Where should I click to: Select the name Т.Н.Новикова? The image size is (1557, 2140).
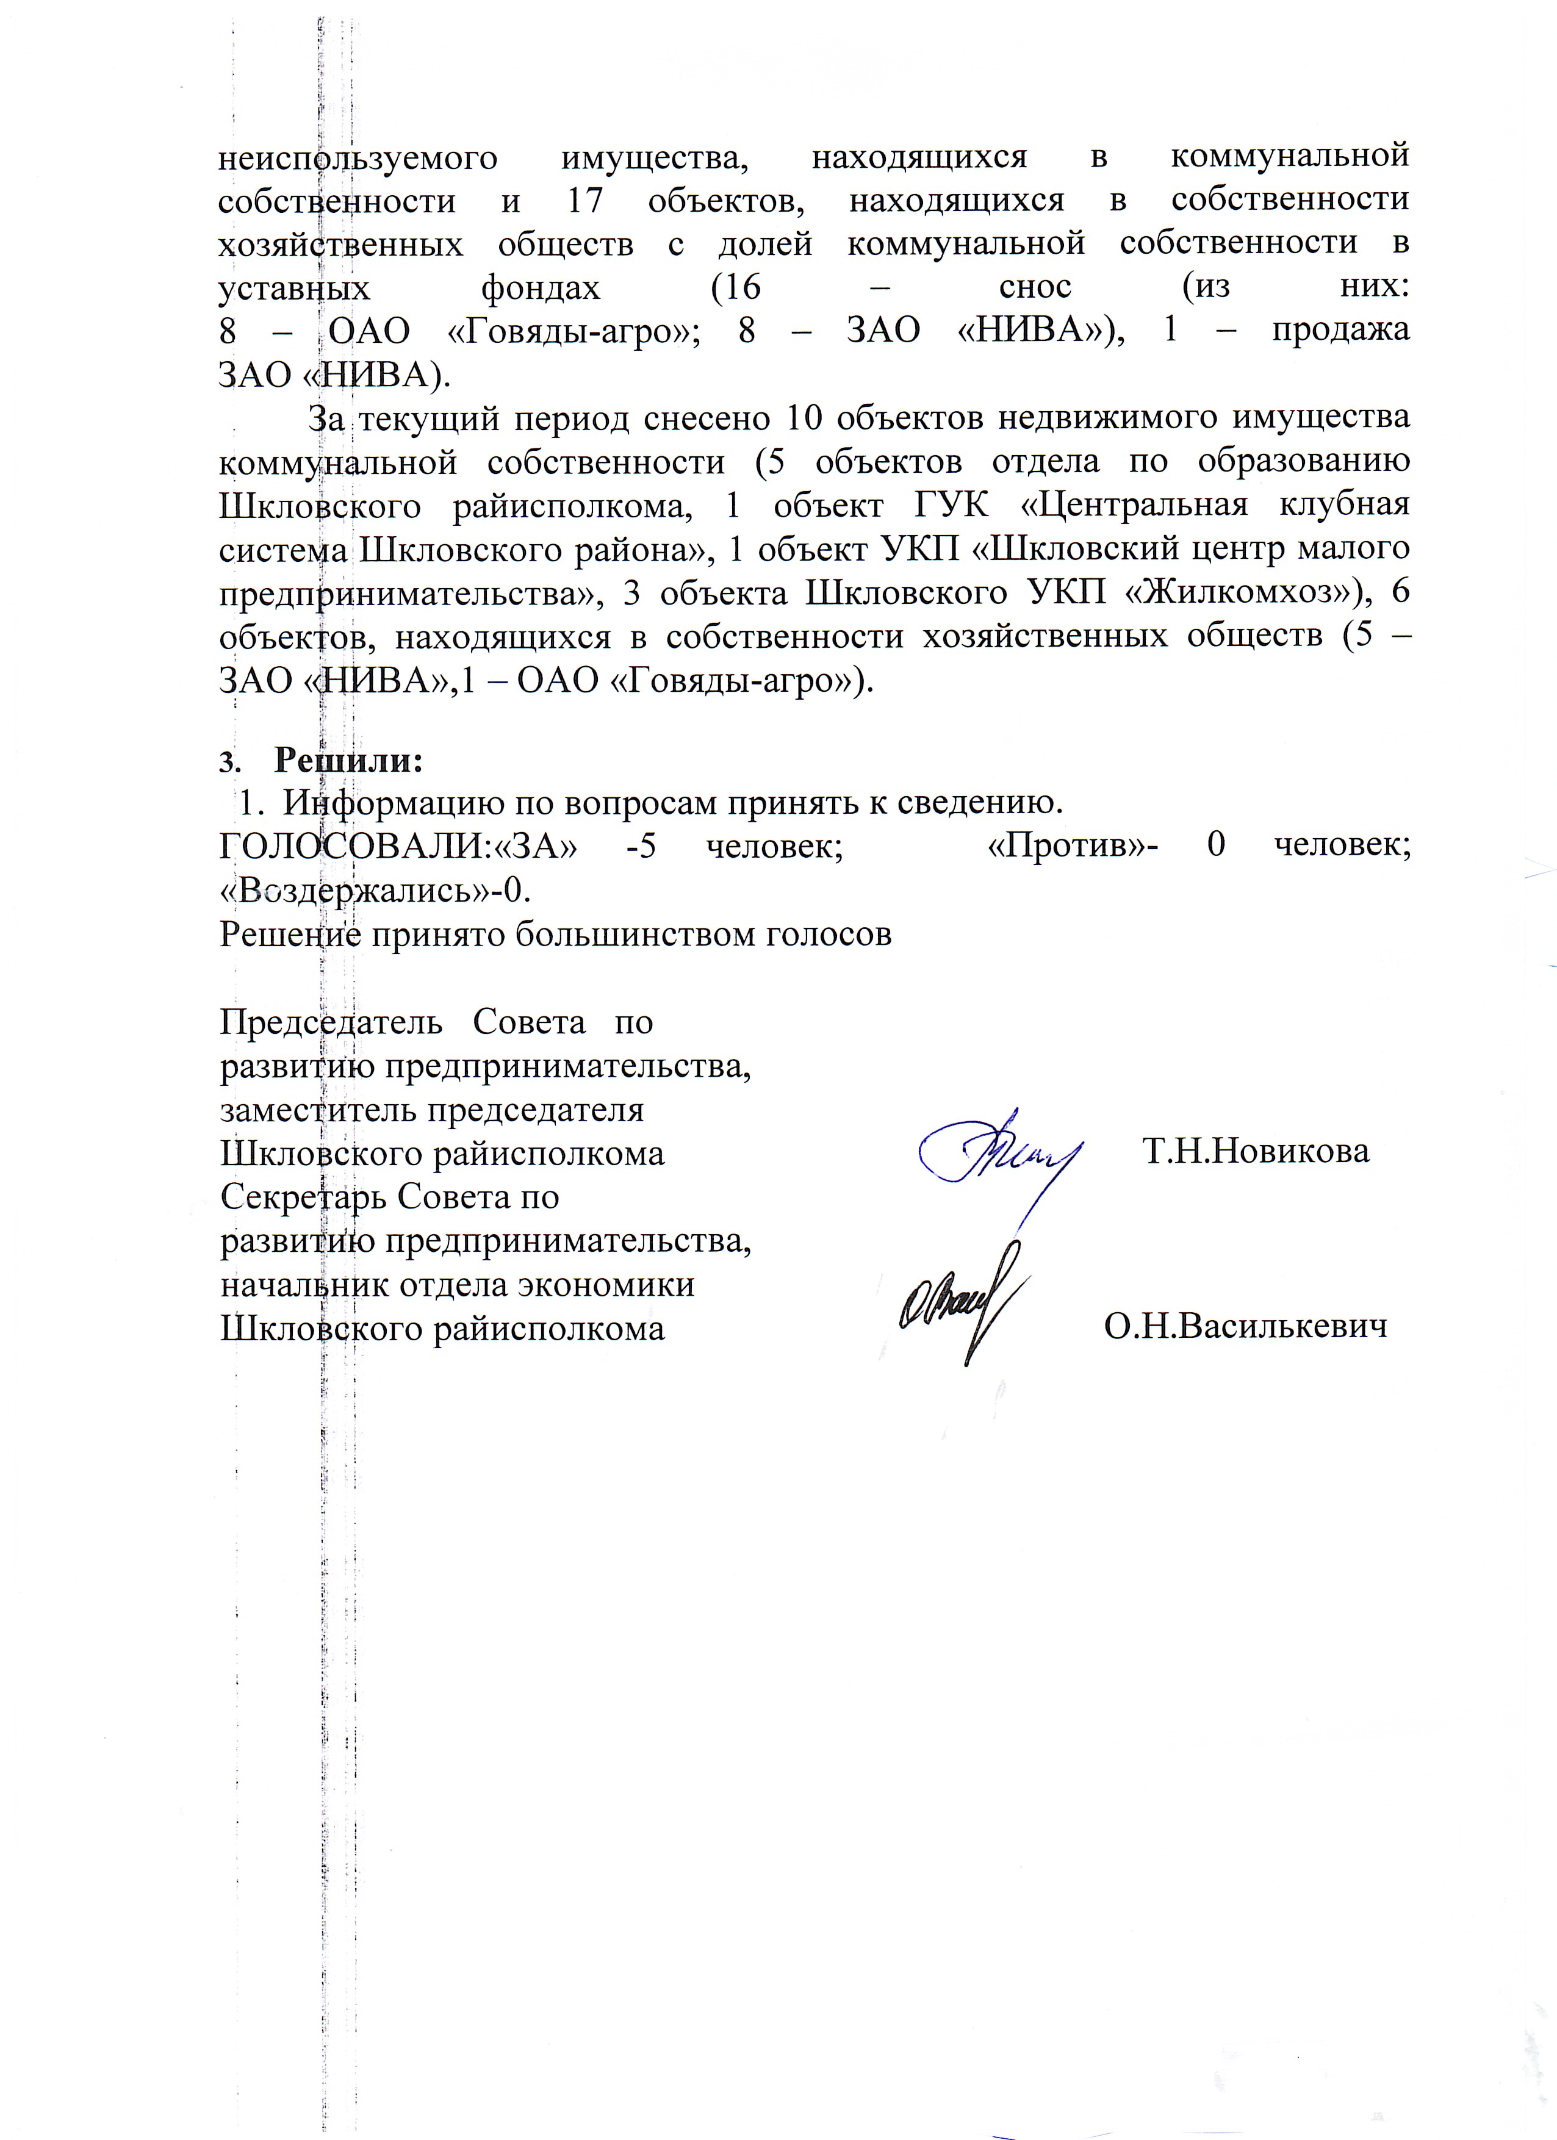1255,1151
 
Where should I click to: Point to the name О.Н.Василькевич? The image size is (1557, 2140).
1246,1327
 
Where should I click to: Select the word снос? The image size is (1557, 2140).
1035,287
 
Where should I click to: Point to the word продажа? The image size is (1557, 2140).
1340,330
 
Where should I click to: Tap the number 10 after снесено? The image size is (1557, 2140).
805,417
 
